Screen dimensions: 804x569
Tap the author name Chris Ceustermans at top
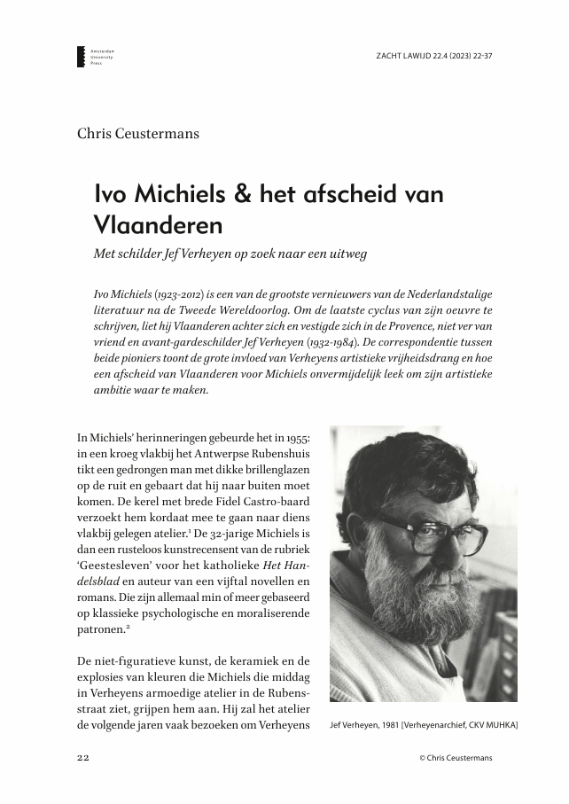coord(138,134)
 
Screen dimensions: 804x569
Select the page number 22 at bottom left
coord(83,758)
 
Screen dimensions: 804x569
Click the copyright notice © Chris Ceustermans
coord(456,758)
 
